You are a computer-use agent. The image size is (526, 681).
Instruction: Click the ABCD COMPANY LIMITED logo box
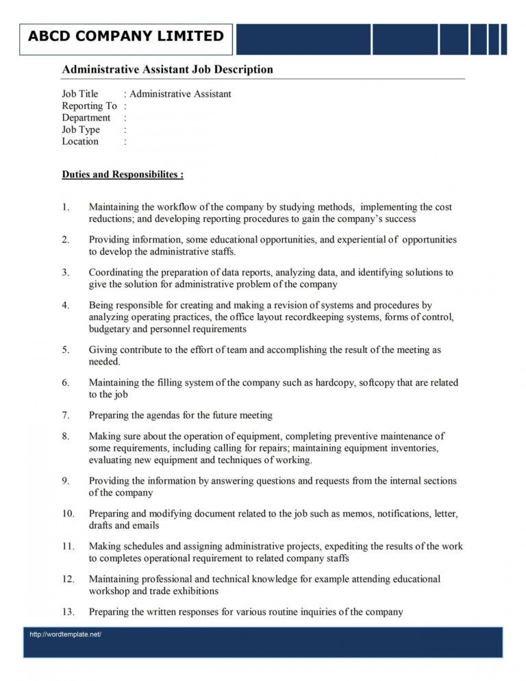126,37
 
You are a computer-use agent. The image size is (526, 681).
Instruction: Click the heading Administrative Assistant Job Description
167,69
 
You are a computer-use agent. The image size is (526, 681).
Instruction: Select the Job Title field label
80,94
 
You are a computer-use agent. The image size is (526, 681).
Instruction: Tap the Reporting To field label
89,106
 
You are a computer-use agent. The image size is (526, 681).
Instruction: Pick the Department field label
86,118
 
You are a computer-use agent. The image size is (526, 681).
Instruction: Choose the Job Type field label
81,129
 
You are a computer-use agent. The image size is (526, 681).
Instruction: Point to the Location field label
80,142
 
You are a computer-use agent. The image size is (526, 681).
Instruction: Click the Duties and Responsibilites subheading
123,175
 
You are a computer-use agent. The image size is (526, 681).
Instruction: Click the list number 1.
65,207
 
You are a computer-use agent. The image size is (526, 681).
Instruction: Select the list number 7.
65,415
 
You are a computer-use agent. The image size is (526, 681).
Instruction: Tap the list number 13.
68,612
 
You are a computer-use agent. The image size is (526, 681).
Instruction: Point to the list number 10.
68,514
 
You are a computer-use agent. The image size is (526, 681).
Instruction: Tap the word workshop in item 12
110,591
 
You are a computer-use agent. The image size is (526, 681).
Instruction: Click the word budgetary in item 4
110,329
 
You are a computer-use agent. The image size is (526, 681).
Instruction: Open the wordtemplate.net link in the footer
65,634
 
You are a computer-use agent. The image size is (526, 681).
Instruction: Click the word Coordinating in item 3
117,273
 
